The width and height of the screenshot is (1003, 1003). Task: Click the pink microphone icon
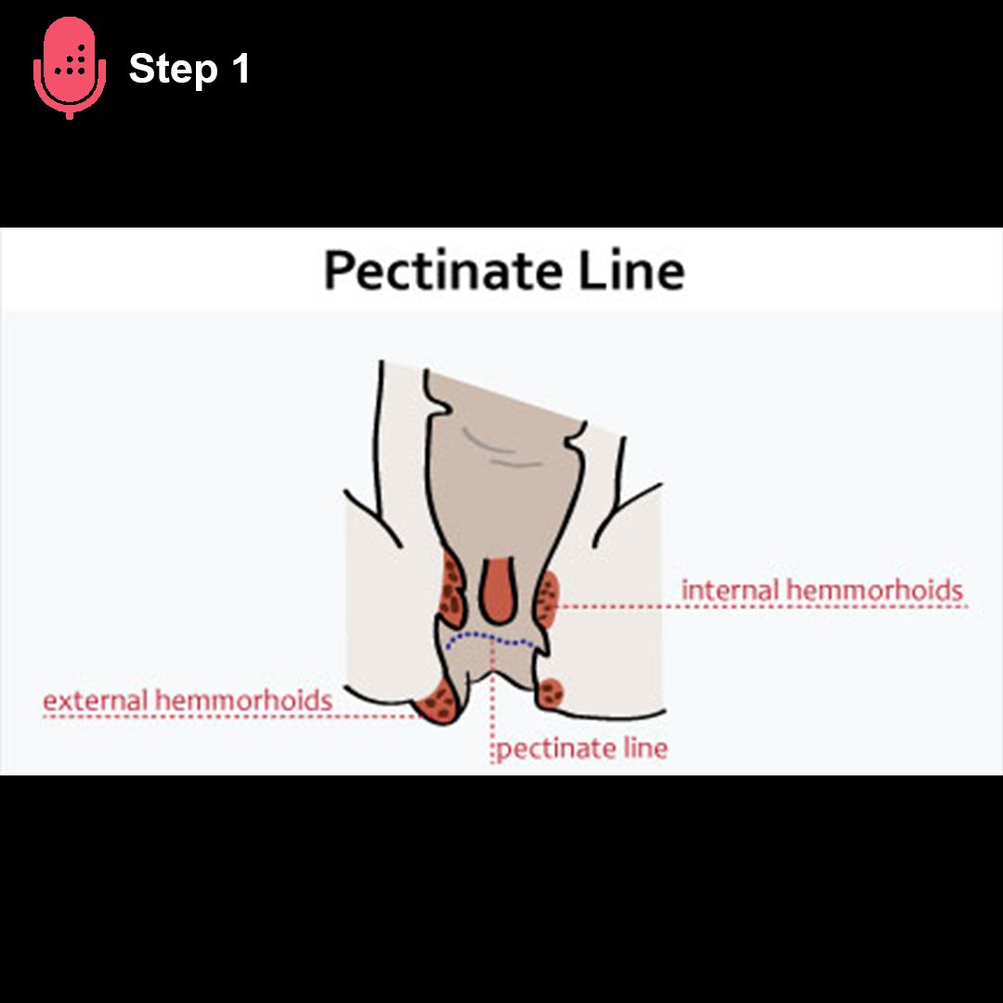click(x=71, y=67)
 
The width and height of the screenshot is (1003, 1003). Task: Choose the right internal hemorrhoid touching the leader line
click(x=547, y=599)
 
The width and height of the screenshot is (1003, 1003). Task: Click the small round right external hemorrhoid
click(x=552, y=691)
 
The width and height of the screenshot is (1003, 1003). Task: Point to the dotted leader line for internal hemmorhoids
click(x=762, y=606)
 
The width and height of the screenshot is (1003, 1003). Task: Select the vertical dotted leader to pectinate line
click(x=491, y=706)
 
